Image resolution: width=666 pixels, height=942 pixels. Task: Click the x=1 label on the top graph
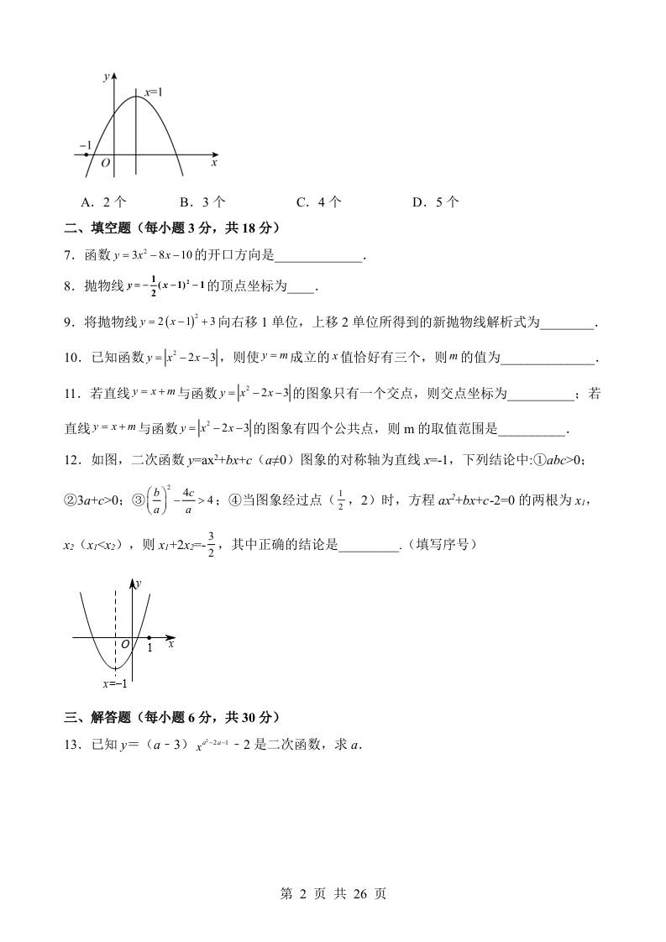[x=153, y=92]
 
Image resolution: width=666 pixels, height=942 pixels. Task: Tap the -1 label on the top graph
[x=85, y=145]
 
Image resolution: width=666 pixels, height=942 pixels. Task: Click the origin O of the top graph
[x=105, y=163]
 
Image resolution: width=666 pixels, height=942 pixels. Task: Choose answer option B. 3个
[x=202, y=201]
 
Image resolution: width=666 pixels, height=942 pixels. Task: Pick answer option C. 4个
[x=319, y=201]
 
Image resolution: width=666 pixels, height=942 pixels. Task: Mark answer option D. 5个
[x=436, y=201]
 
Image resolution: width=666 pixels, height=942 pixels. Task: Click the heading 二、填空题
[x=93, y=228]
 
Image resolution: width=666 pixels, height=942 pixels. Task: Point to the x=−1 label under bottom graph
[x=115, y=684]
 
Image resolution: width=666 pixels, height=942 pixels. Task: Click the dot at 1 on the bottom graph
[x=149, y=638]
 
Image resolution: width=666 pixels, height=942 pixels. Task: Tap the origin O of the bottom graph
[x=124, y=645]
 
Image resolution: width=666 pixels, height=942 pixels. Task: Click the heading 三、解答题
[x=93, y=717]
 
